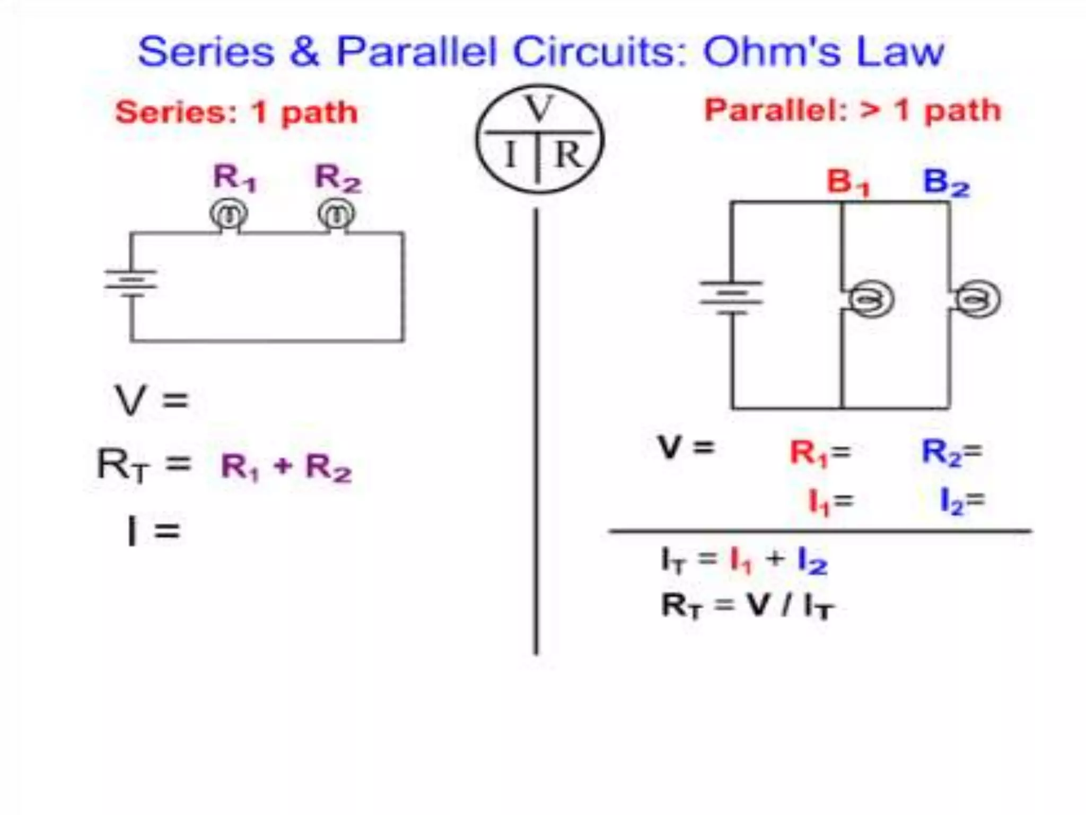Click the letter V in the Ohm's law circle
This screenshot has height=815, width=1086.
click(539, 109)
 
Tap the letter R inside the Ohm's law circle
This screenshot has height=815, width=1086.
click(568, 155)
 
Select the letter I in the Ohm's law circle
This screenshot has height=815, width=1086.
click(510, 155)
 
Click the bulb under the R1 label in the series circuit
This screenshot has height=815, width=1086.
click(229, 214)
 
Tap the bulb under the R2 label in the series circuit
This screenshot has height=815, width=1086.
click(337, 214)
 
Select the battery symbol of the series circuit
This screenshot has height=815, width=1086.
click(131, 283)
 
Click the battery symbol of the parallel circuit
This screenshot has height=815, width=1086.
click(732, 297)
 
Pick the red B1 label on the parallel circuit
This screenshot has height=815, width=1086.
click(848, 182)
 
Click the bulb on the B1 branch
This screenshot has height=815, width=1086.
click(870, 300)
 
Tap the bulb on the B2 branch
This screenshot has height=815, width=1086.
click(977, 300)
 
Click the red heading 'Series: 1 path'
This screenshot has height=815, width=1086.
click(237, 112)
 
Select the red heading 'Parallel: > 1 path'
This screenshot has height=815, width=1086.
click(852, 110)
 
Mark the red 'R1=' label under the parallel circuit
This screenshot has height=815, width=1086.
click(820, 453)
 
